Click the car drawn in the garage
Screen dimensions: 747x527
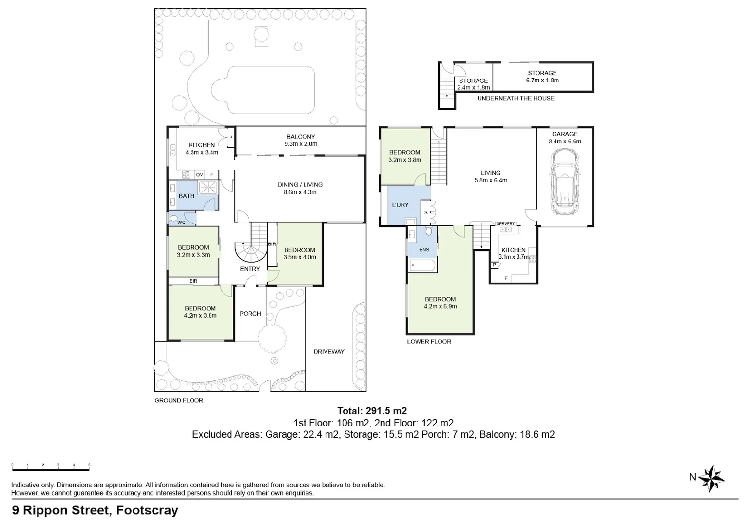coord(565,182)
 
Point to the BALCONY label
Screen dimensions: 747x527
coord(301,137)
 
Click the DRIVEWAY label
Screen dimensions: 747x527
coord(329,351)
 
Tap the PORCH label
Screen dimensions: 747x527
coord(250,314)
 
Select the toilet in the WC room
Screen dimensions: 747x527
coord(173,218)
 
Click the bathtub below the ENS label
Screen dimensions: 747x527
coord(422,265)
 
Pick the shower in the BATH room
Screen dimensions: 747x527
coord(208,187)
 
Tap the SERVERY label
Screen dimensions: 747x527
coord(506,224)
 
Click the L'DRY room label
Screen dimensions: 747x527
coord(400,205)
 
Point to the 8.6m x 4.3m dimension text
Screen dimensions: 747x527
coord(300,192)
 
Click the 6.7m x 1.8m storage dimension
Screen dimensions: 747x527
coord(542,80)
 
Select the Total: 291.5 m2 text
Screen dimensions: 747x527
coord(372,411)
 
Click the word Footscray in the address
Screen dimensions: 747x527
coord(147,510)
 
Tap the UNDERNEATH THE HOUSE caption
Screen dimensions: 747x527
coord(516,98)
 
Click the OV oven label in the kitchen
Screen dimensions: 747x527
coord(199,175)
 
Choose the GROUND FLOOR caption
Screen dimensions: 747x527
coord(179,400)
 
